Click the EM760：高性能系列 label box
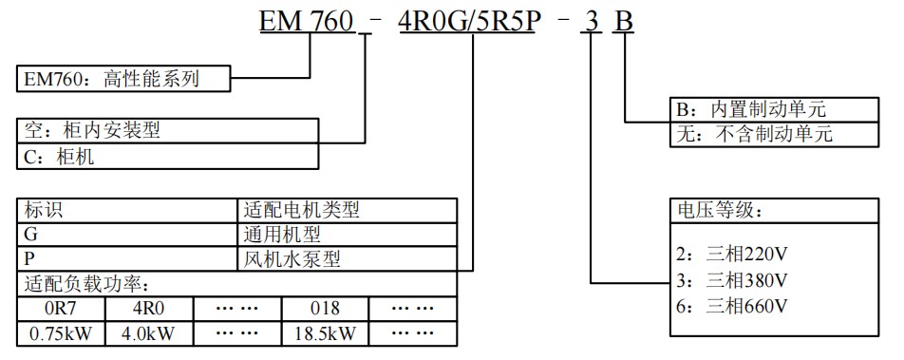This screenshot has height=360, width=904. [x=124, y=79]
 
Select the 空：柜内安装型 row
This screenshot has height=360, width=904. [x=167, y=131]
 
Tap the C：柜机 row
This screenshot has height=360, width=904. [x=167, y=157]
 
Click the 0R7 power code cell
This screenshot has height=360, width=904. [x=61, y=309]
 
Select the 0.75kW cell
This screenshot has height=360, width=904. [x=61, y=333]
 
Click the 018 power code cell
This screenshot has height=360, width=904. [x=325, y=309]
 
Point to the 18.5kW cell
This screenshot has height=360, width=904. [x=325, y=333]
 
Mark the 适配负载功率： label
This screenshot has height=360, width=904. [x=86, y=283]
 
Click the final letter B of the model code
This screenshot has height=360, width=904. [x=622, y=20]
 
